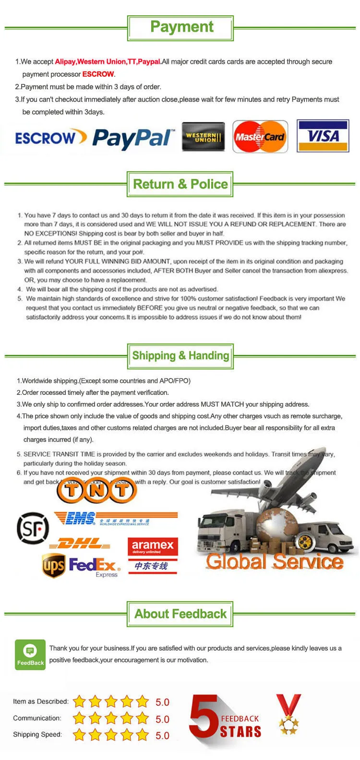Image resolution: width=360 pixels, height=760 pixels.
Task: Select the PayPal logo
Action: [133, 138]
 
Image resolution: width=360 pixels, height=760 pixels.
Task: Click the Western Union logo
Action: [204, 137]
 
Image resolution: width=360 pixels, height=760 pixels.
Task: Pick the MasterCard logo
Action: [260, 137]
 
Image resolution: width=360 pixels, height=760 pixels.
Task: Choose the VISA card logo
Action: [323, 136]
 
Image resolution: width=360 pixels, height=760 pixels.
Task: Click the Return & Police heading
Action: [180, 184]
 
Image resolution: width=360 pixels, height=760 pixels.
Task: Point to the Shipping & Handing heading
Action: [180, 356]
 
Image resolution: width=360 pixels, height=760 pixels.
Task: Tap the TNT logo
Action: [97, 490]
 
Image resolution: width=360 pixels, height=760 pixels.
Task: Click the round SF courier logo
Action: [33, 528]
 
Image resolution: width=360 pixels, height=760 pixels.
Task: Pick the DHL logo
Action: [80, 544]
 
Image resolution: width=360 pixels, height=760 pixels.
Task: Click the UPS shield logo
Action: [53, 565]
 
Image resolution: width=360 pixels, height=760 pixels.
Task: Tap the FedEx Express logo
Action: [95, 566]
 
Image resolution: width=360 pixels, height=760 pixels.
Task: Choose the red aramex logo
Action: [153, 546]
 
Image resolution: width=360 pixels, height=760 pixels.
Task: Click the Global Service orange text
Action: [275, 561]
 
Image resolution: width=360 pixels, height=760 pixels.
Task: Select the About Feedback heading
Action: [180, 614]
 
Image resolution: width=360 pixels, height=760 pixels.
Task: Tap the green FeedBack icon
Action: [30, 654]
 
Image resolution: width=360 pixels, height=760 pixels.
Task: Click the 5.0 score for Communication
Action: [162, 719]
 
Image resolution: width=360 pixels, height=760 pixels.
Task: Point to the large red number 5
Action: [204, 715]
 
